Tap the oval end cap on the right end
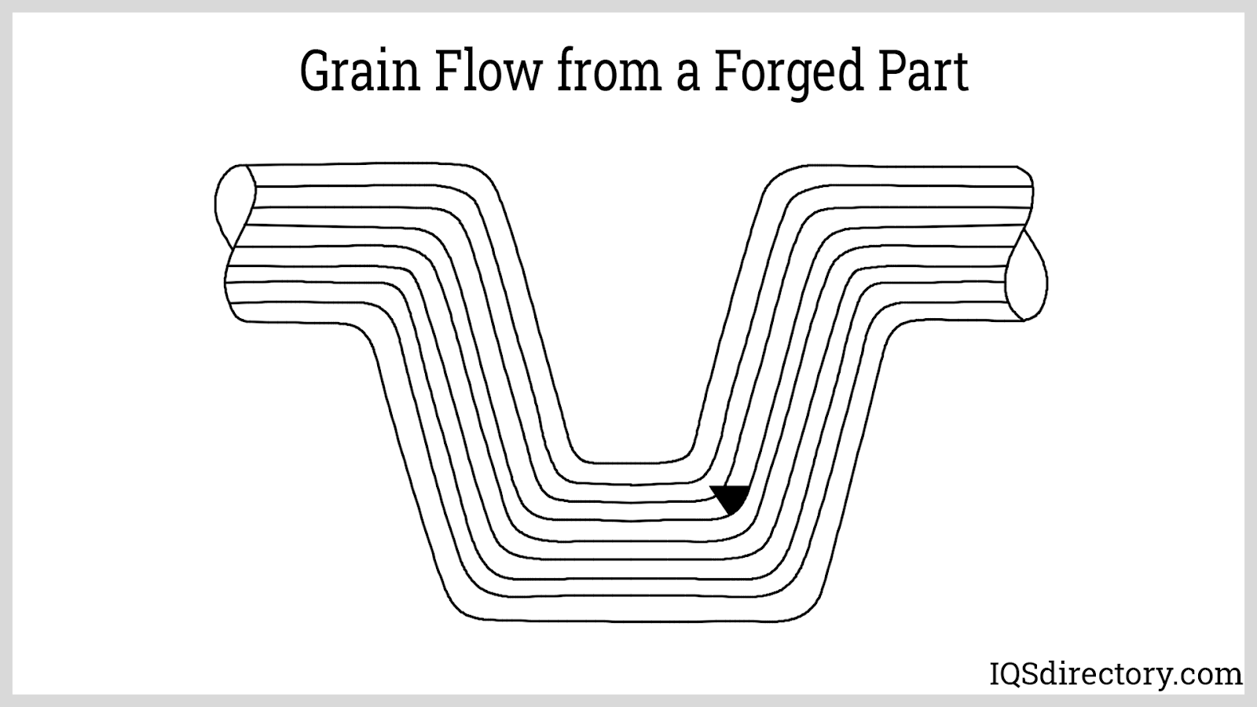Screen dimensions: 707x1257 pos(1027,277)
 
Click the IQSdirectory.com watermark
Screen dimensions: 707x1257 pos(1114,674)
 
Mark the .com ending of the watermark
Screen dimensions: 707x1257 pos(1213,675)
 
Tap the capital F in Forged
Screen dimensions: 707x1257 pos(727,73)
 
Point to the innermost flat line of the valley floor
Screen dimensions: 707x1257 pos(632,461)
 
